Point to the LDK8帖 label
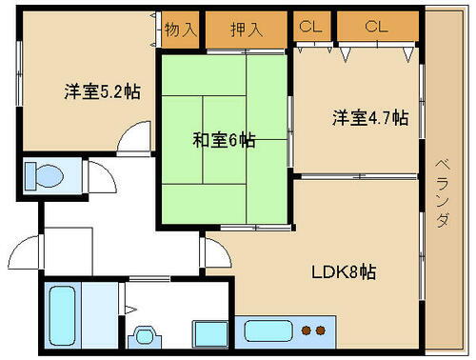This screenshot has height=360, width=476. [x=344, y=271]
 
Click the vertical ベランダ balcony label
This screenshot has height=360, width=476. [x=443, y=191]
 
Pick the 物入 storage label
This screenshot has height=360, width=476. [x=180, y=29]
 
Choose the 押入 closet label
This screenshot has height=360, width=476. [x=247, y=29]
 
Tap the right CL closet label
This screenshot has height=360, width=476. [x=376, y=27]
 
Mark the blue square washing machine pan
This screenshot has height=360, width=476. [x=208, y=333]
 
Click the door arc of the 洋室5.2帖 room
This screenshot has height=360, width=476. [x=134, y=138]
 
